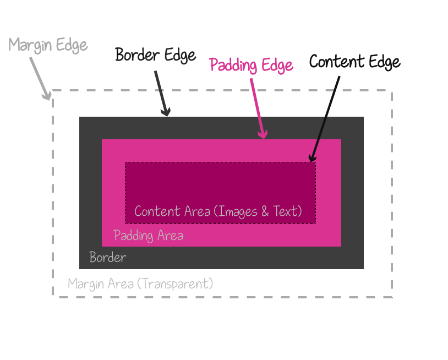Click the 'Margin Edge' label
click(48, 45)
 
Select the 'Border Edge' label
click(155, 55)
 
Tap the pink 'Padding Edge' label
click(252, 66)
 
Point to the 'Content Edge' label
click(354, 62)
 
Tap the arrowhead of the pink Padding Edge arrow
click(264, 135)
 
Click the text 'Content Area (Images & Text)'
click(218, 211)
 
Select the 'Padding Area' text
click(148, 236)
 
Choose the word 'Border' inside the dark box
click(108, 257)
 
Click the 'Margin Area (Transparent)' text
click(140, 284)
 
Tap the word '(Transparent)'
click(175, 284)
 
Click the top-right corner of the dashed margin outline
click(392, 91)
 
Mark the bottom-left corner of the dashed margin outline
click(53, 297)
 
